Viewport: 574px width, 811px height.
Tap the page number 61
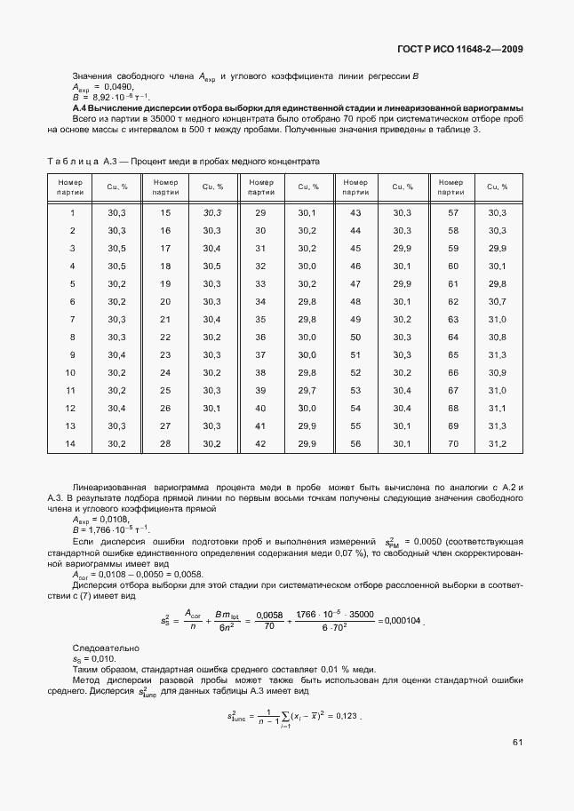516,743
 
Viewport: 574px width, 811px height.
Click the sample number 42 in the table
260,443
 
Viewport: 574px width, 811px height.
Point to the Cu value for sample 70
497,443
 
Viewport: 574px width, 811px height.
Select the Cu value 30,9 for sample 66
497,373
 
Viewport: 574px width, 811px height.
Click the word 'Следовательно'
101,648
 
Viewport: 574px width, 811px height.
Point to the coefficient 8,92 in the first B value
103,97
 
